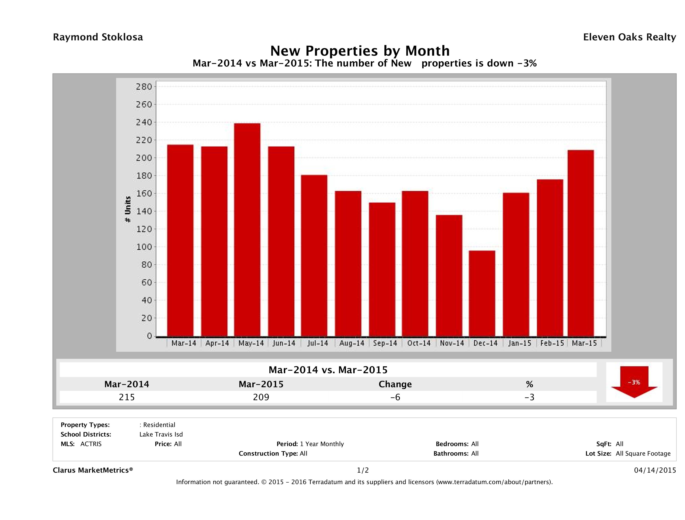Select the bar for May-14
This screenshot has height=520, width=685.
click(x=247, y=230)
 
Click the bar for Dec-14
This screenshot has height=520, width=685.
click(x=482, y=293)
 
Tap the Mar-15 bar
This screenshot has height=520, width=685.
click(x=581, y=243)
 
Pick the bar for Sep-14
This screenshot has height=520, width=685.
click(x=382, y=269)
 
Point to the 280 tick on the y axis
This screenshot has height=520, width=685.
click(x=144, y=87)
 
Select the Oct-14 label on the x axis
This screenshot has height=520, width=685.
click(x=419, y=343)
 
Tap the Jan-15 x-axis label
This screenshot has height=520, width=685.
click(x=519, y=343)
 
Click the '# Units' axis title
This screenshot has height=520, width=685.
click(x=128, y=209)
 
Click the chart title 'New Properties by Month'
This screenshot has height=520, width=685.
click(x=360, y=51)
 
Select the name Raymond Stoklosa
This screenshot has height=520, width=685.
click(x=98, y=37)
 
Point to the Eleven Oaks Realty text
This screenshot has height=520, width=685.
click(x=629, y=37)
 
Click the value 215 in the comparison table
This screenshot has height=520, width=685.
click(x=127, y=397)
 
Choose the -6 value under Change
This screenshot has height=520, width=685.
click(x=395, y=397)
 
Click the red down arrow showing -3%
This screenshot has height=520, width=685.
click(x=634, y=382)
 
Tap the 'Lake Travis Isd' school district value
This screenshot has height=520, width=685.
click(x=161, y=434)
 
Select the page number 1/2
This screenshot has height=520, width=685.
click(x=363, y=470)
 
